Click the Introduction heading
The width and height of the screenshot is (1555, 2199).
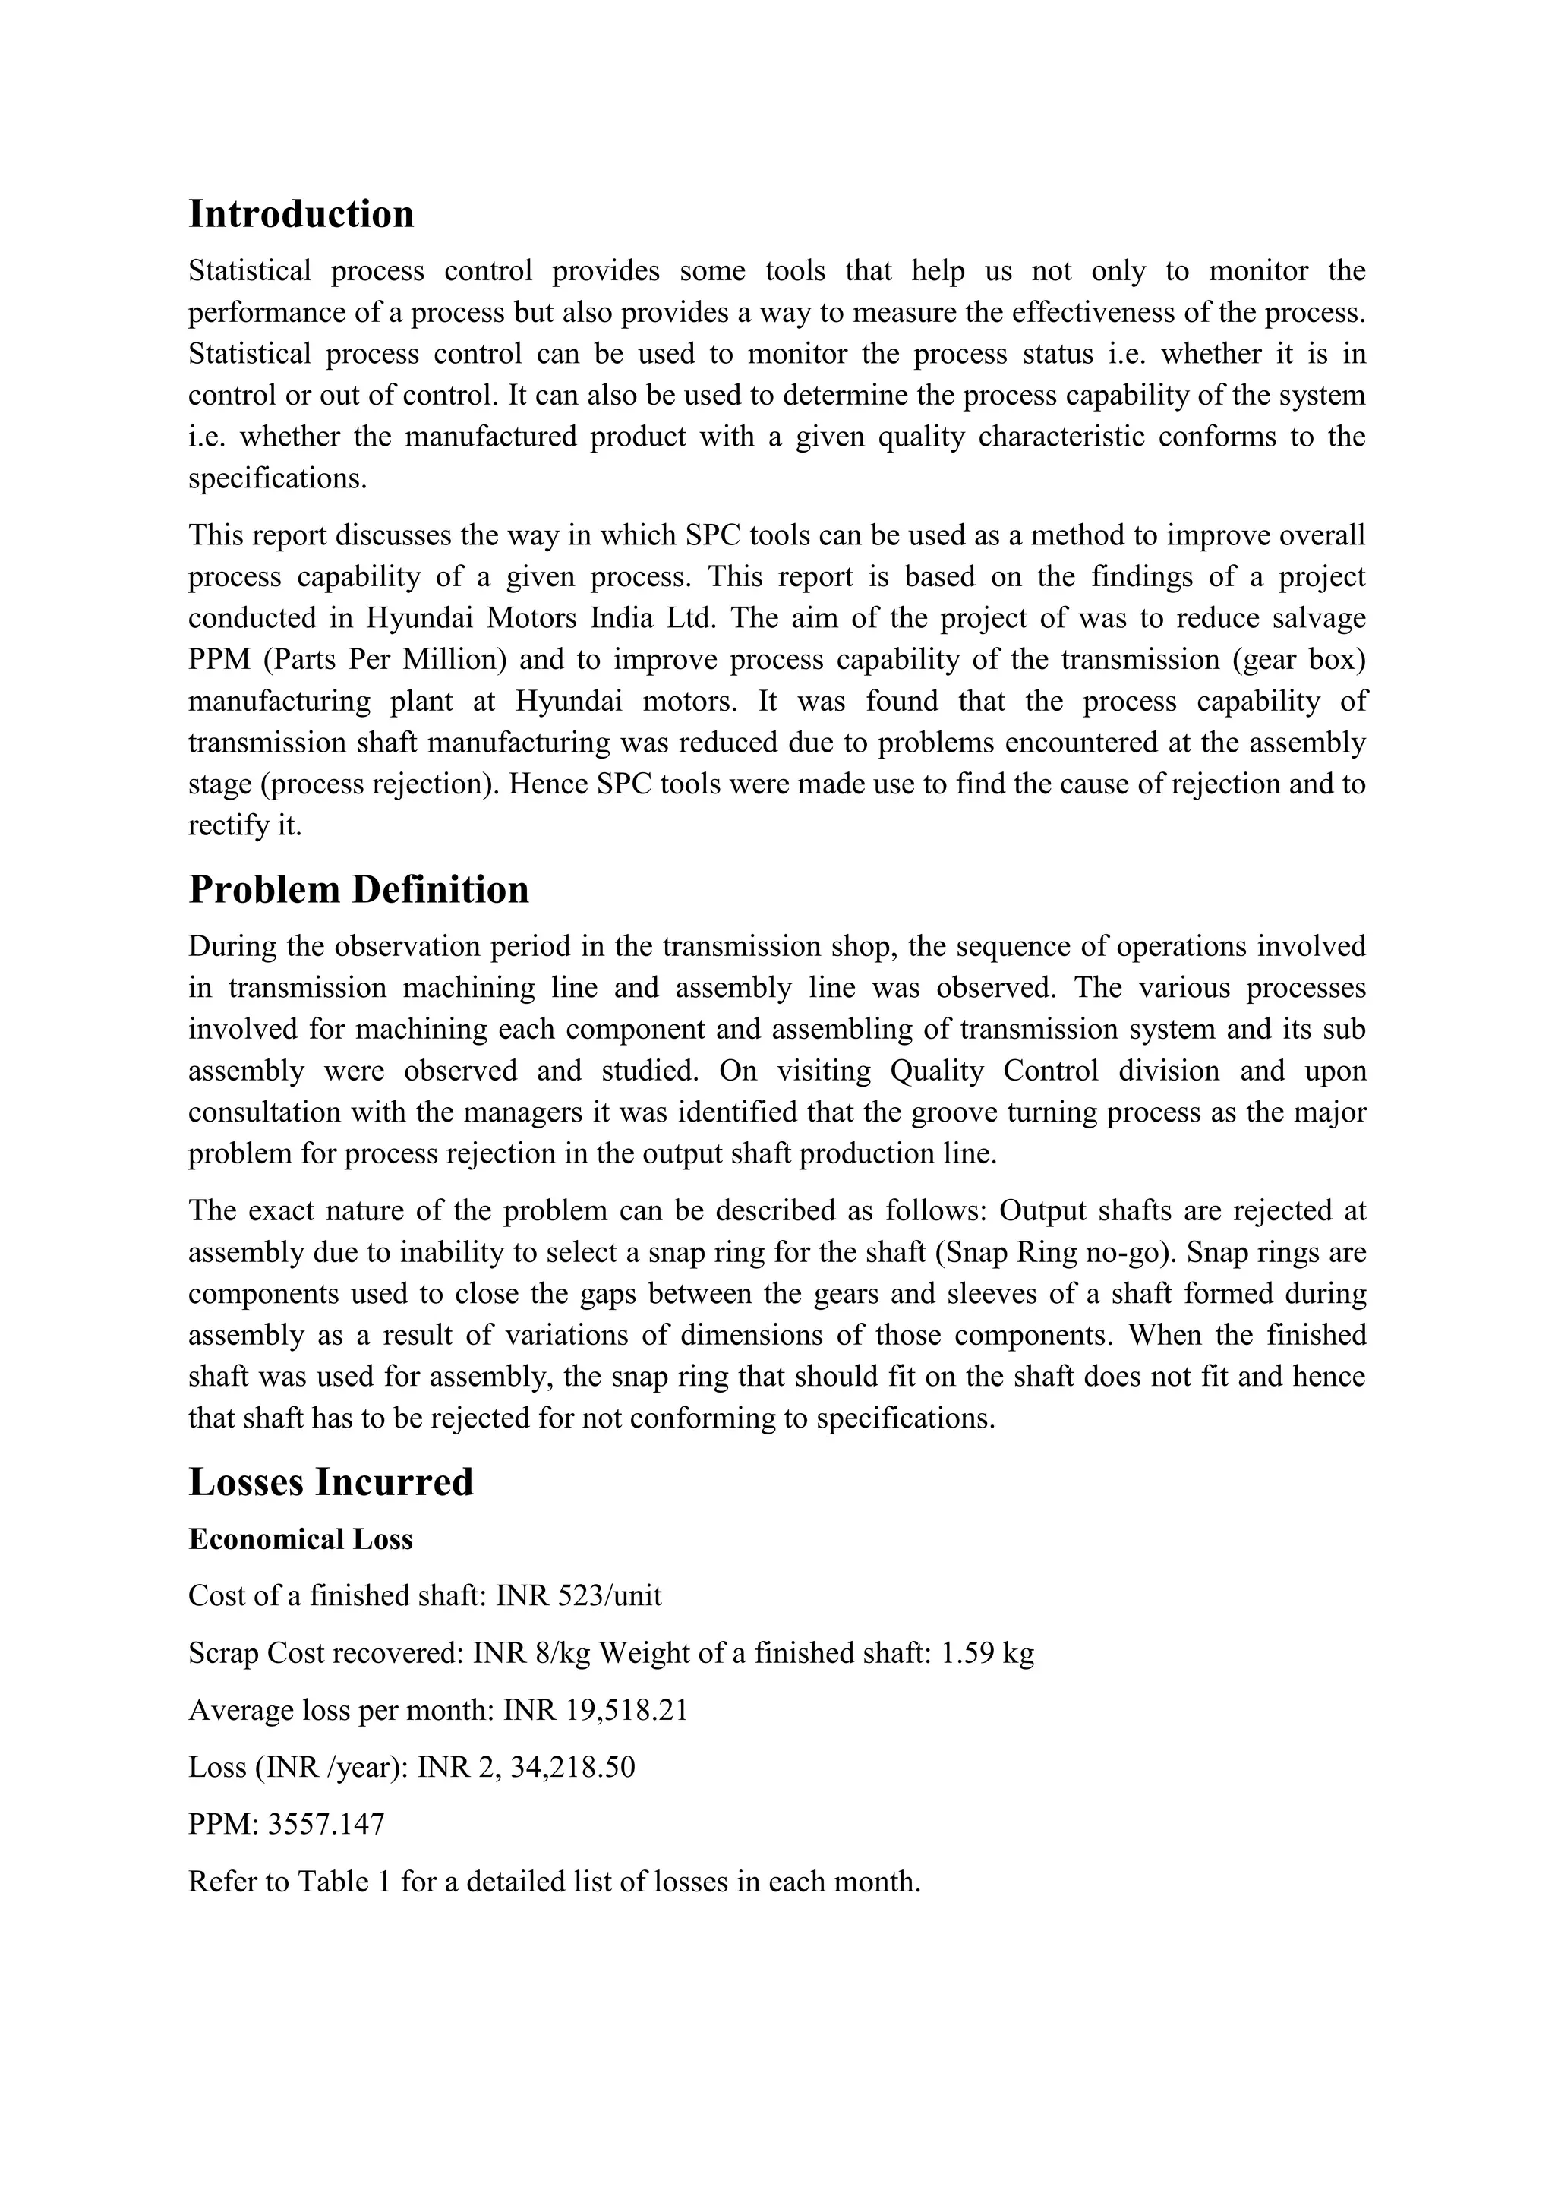click(x=301, y=213)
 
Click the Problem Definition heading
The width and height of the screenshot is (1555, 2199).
click(x=358, y=890)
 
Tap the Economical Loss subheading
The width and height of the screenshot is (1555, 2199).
click(x=300, y=1539)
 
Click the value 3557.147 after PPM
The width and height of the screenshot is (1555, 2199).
click(x=326, y=1825)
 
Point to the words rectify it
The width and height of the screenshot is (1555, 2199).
click(x=244, y=825)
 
